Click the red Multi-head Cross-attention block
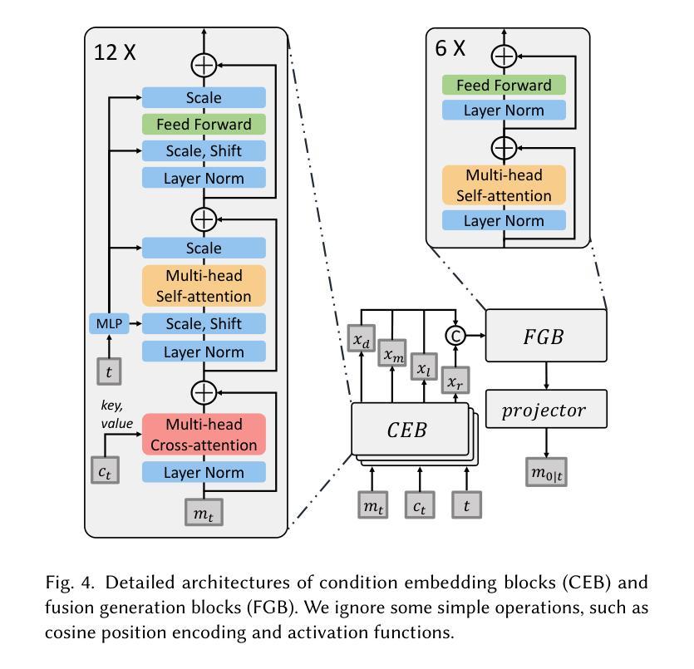[x=204, y=434]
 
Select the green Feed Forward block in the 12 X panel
[x=204, y=125]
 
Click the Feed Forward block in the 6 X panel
[x=504, y=85]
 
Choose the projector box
[x=545, y=410]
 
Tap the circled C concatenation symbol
[x=455, y=335]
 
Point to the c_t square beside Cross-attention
[x=106, y=471]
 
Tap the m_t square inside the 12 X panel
[x=204, y=514]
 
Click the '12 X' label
[x=115, y=52]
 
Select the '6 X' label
[x=450, y=48]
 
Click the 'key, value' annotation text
[x=116, y=415]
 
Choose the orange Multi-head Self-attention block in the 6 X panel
[x=504, y=185]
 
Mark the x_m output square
[x=394, y=353]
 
